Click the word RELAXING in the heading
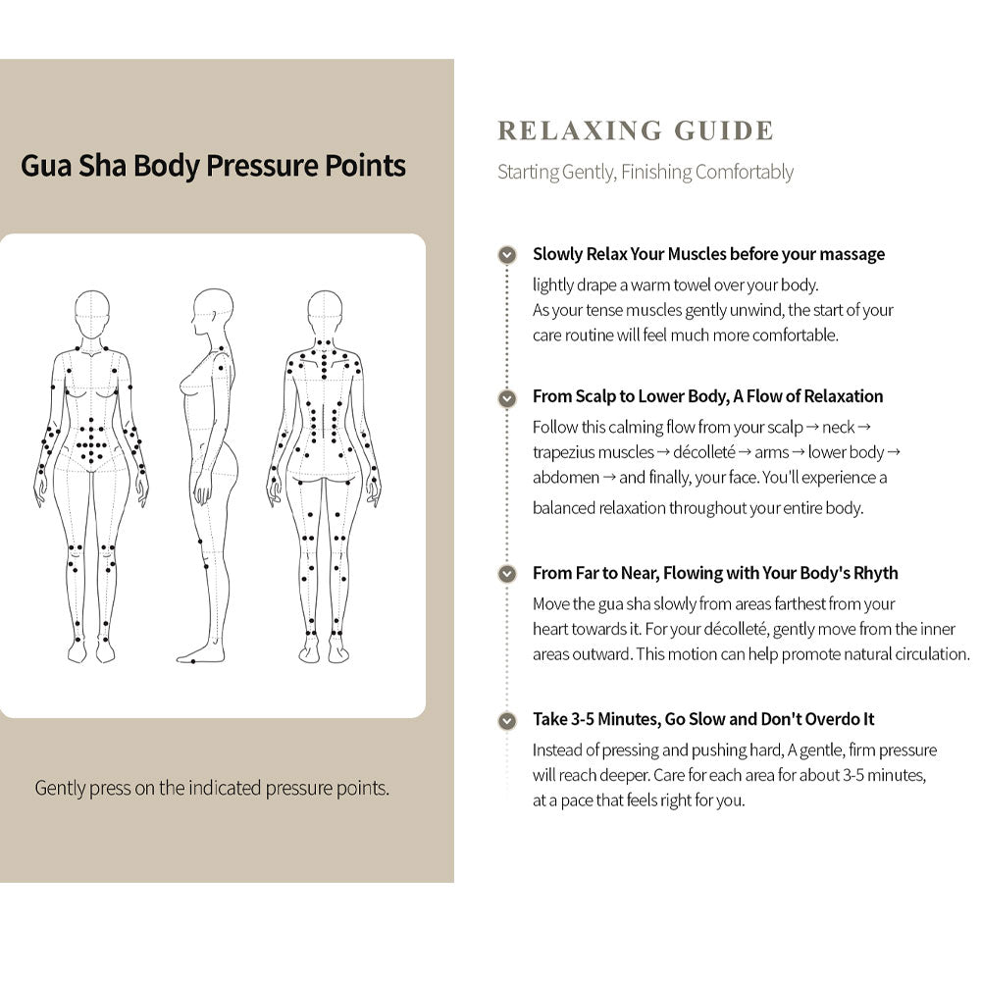[580, 130]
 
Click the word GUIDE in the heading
[724, 130]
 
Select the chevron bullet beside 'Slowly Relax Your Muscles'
[507, 255]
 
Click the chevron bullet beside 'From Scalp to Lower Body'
[507, 398]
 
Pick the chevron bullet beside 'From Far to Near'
[507, 574]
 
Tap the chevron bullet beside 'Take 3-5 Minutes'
[507, 721]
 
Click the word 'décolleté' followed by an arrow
[703, 452]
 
